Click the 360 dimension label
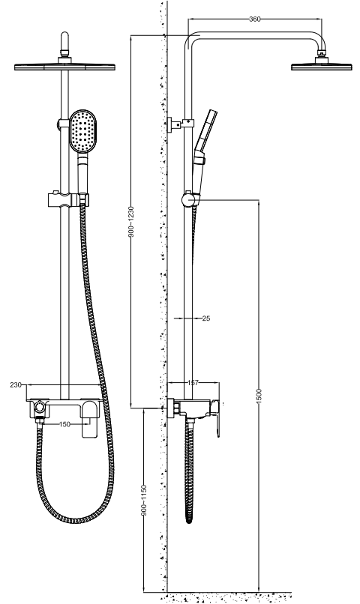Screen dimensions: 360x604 255,19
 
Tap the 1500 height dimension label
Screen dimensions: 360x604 259,396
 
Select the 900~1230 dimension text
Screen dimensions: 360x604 131,222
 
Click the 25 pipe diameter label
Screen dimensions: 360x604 206,318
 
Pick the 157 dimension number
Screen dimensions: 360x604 193,382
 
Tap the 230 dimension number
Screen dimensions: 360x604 16,385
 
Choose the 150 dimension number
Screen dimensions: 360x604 64,424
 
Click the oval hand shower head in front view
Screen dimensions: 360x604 82,132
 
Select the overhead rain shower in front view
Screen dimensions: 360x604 64,67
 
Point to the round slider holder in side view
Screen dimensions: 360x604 188,199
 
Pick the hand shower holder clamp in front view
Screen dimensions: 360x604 68,199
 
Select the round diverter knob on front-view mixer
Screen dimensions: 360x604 39,407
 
